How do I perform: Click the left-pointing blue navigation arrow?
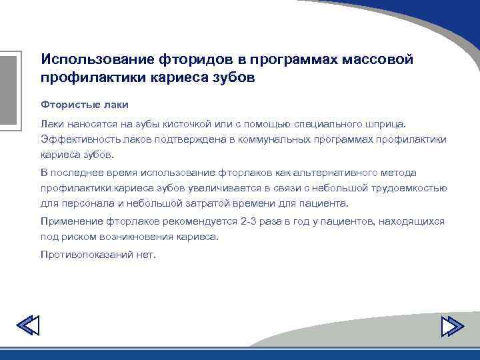point(27,325)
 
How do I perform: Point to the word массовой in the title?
point(377,59)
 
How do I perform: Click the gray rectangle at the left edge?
point(7,90)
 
